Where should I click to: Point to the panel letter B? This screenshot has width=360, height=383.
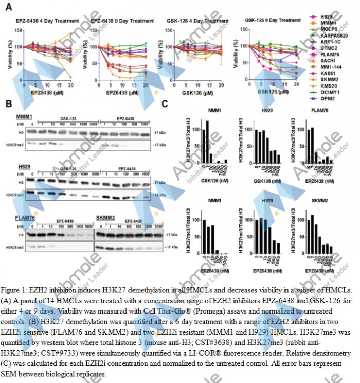point(9,103)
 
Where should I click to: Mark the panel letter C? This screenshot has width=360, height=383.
point(165,103)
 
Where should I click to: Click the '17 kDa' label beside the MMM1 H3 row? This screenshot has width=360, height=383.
point(159,133)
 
